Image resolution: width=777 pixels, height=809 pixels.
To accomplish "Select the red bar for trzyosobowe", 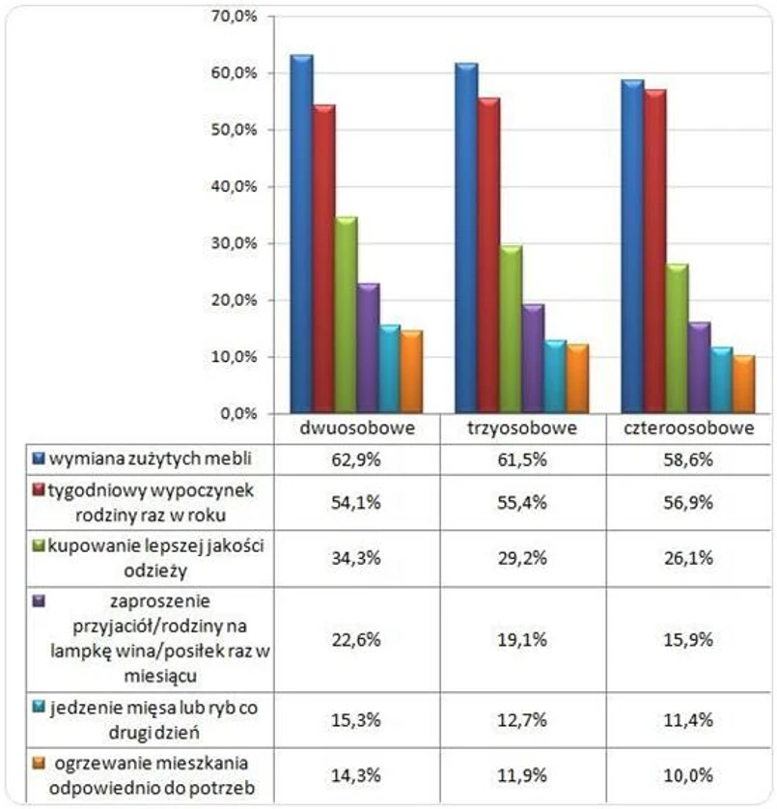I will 488,256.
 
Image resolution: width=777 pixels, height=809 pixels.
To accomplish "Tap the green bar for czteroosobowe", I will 678,339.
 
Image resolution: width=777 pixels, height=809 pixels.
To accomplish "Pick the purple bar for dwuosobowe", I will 368,349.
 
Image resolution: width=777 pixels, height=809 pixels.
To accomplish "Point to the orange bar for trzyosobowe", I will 576,378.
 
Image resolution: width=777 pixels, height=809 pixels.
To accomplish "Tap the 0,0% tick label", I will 236,413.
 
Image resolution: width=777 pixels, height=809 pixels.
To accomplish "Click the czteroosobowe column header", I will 689,429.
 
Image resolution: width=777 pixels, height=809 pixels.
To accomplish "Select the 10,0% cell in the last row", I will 689,774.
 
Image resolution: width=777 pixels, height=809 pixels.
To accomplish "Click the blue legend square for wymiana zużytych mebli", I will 39,456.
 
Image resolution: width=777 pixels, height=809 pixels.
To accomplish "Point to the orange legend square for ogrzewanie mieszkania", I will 39,763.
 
